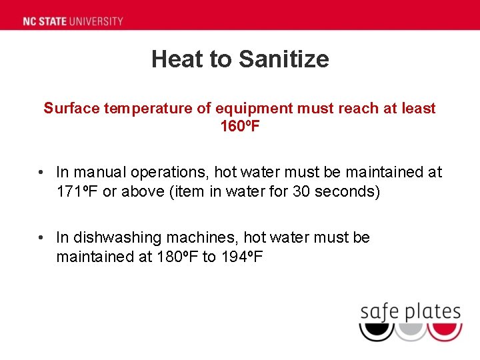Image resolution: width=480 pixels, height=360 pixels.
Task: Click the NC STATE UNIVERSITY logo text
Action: click(73, 21)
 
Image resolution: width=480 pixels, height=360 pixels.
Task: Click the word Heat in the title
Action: click(177, 59)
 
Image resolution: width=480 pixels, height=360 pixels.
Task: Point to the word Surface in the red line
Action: click(71, 108)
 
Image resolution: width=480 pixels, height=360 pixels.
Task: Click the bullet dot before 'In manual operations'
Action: click(41, 173)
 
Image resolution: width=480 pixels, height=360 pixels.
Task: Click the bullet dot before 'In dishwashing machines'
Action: click(41, 238)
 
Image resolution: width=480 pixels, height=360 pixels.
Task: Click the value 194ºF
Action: click(241, 257)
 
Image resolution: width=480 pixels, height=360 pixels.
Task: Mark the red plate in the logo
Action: click(444, 331)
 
